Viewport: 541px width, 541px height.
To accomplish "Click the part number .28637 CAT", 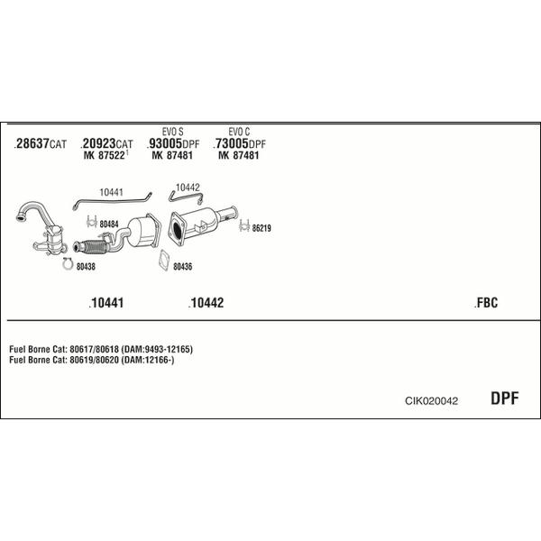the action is pos(41,143).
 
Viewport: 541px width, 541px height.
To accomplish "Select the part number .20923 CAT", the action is pos(106,143).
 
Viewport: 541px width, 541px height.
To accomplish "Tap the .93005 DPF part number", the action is pos(173,143).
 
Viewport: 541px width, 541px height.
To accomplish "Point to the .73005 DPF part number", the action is pos(240,143).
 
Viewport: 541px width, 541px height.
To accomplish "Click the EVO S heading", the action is pos(173,132).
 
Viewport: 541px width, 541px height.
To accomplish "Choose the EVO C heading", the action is pos(239,132).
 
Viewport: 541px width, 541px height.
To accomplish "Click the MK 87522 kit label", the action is pos(105,155).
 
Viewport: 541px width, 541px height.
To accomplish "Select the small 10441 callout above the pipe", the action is pos(111,192).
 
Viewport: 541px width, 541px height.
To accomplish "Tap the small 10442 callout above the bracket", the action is pos(188,188).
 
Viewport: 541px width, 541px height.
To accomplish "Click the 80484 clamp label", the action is pos(109,225).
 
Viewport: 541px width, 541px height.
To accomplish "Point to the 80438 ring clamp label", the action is pos(86,267).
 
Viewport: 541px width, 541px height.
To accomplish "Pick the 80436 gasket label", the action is pos(182,267).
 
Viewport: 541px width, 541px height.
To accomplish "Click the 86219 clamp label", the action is pos(261,228).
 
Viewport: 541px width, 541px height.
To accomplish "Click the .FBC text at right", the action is pos(486,303).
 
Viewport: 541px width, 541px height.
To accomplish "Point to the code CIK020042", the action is pos(431,400).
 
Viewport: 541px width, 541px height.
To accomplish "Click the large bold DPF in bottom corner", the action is pos(504,399).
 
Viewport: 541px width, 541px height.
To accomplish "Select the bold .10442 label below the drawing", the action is pos(206,303).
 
